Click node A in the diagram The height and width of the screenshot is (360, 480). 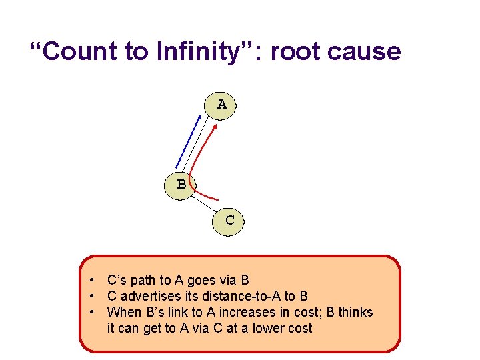(222, 105)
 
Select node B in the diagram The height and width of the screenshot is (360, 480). (181, 183)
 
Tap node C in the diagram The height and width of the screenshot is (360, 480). (229, 219)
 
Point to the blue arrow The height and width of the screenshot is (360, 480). (188, 141)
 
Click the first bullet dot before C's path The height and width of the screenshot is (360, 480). (97, 280)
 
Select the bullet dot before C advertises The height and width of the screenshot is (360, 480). (97, 296)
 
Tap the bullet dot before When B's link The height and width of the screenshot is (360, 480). (97, 312)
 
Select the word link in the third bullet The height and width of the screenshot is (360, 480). (171, 312)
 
